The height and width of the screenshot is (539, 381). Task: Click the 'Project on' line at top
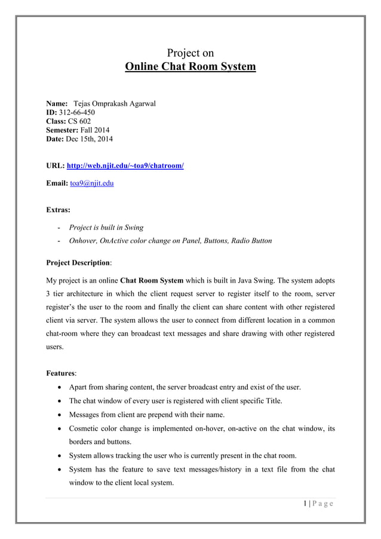point(190,53)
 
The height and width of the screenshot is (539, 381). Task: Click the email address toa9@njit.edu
point(91,183)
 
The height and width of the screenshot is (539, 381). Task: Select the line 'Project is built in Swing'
point(106,228)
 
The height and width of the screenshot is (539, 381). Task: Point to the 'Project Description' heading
point(78,262)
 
